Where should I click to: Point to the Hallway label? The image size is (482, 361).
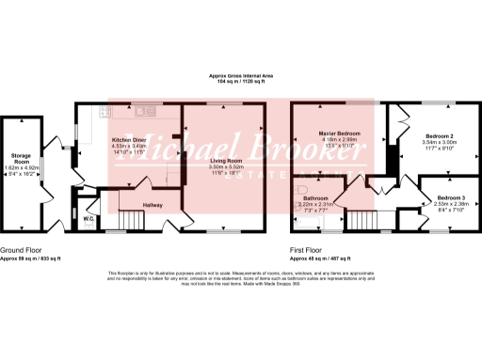tap(153, 204)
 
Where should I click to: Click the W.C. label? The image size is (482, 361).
tap(88, 219)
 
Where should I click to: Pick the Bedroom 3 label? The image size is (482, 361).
tap(451, 196)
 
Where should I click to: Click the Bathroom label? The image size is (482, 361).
tap(315, 197)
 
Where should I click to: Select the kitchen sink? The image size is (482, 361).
tap(146, 111)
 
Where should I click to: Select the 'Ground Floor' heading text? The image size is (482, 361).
tap(18, 250)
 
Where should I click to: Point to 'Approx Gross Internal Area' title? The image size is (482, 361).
tap(242, 77)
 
